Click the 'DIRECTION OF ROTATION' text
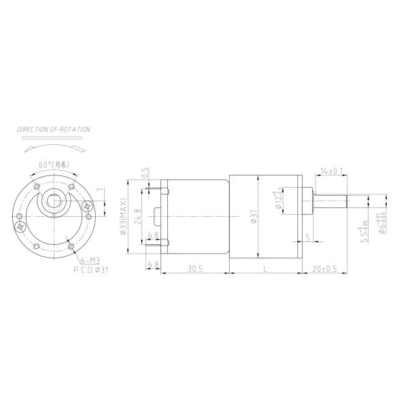[54, 129]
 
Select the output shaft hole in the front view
[54, 201]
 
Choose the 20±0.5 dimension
[325, 270]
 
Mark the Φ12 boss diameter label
[279, 199]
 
